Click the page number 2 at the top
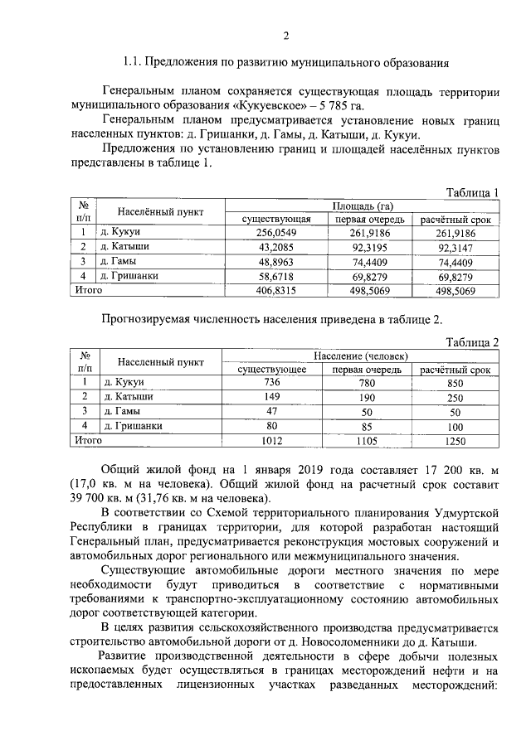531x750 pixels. pyautogui.click(x=285, y=35)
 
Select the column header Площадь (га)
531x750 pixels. pyautogui.click(x=362, y=206)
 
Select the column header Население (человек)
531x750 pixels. pyautogui.click(x=362, y=356)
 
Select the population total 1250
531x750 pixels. pyautogui.click(x=455, y=441)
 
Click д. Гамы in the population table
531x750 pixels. pyautogui.click(x=122, y=412)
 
